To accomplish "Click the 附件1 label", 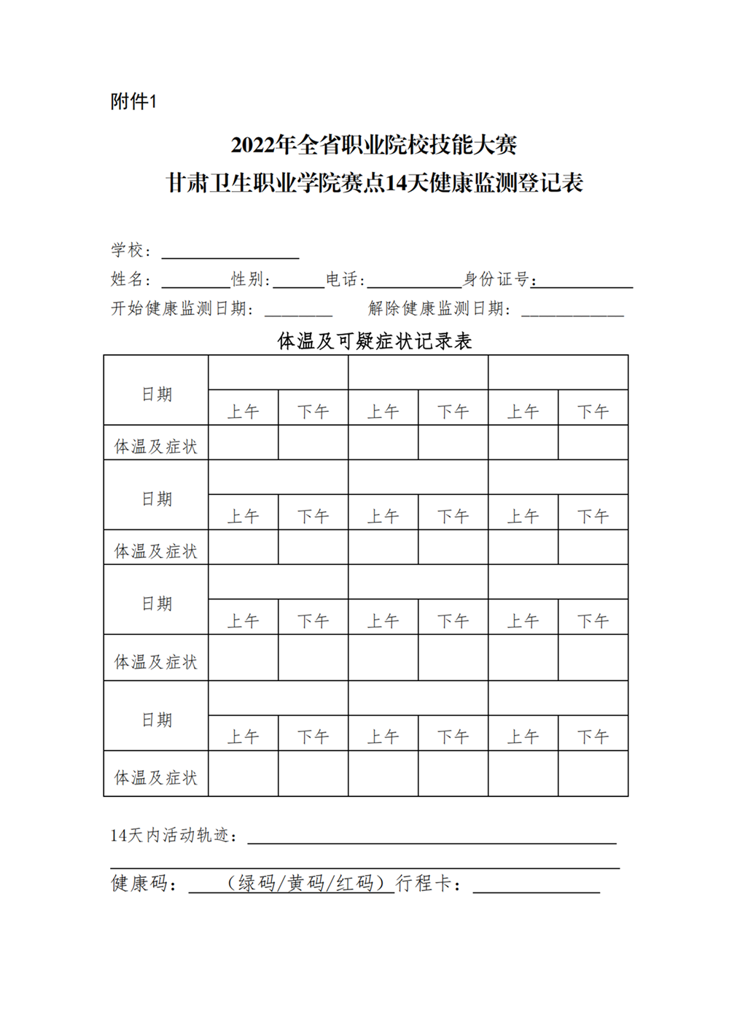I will coord(133,101).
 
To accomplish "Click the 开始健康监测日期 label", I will coord(182,309).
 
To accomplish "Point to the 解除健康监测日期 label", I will coord(439,309).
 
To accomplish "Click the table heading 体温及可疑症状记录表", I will coord(375,341).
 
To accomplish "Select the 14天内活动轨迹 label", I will coord(174,836).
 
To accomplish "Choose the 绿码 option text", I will coord(256,884).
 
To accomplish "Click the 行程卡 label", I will coord(429,884).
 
